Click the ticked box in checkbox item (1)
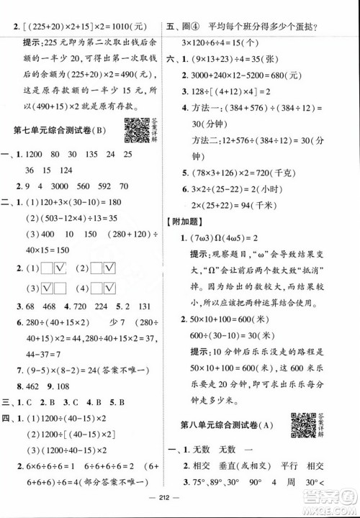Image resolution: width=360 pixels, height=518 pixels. (x=60, y=269)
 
